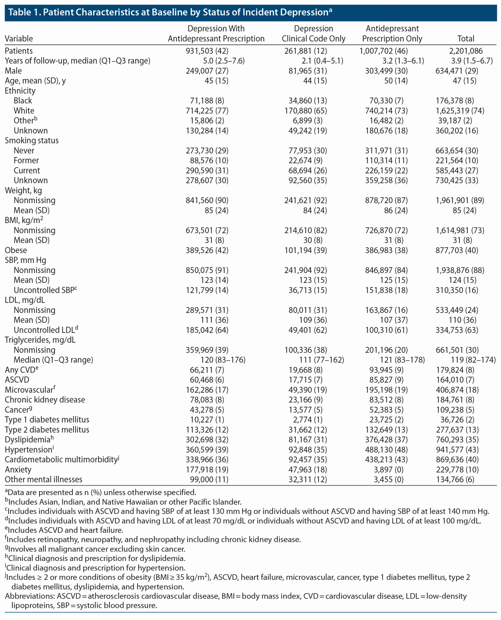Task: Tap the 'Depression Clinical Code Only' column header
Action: coord(313,34)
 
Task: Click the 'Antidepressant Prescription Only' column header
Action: coord(392,34)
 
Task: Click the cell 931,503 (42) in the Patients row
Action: coord(207,51)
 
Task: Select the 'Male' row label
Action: coord(13,71)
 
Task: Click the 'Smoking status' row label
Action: coord(32,140)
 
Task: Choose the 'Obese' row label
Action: coord(16,250)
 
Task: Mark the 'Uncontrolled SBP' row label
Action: coord(45,290)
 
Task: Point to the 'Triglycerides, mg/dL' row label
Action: coord(40,340)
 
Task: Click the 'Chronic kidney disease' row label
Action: coord(45,400)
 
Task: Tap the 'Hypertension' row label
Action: coord(29,450)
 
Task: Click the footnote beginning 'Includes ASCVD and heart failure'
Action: coord(65,530)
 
